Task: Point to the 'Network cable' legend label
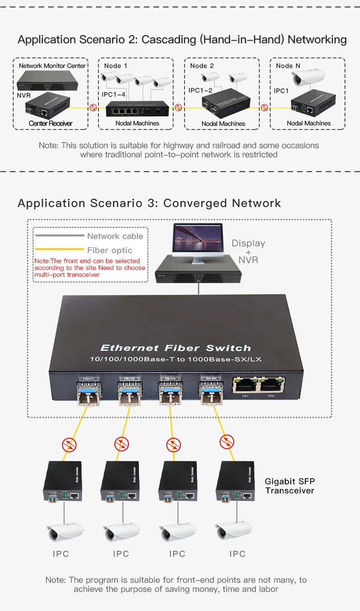115,236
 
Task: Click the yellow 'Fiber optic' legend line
59,250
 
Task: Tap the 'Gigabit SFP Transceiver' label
290,486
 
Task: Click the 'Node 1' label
116,66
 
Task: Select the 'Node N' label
288,66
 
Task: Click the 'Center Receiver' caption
51,123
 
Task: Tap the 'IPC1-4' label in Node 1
113,94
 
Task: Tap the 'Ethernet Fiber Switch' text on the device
175,348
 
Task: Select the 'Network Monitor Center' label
52,66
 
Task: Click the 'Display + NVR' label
248,251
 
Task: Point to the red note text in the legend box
90,268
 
